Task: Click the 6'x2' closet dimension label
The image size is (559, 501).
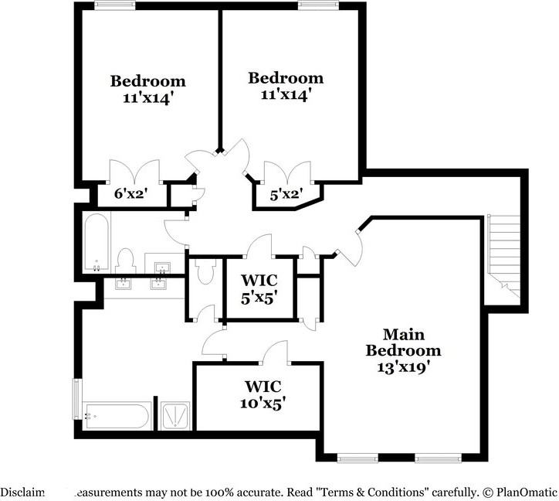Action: point(130,194)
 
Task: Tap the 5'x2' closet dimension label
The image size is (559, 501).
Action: point(285,194)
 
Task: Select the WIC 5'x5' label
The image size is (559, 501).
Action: point(259,286)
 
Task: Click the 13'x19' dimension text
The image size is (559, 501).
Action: point(403,366)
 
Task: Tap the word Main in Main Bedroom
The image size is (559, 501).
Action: point(403,334)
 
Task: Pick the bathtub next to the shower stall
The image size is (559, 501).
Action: point(116,416)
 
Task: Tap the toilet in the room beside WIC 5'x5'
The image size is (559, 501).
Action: point(205,272)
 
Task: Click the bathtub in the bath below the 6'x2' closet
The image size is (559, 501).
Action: point(96,242)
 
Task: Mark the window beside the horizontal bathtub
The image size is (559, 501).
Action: point(76,400)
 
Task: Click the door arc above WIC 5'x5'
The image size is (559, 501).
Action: point(259,245)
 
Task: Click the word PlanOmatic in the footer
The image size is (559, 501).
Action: point(522,491)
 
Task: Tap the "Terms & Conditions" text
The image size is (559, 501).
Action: point(371,491)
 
